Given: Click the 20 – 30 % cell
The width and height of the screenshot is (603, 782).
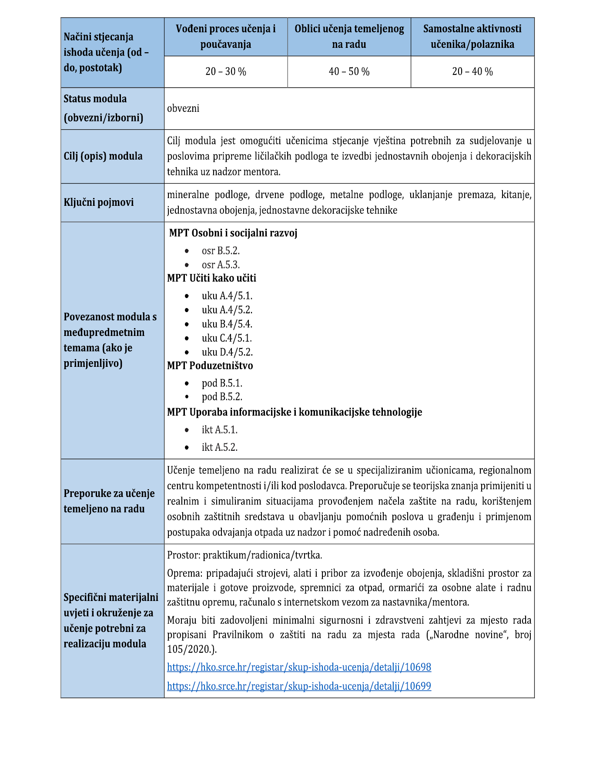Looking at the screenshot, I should coord(226,72).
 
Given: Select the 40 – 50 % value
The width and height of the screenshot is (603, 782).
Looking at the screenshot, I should coord(349,72).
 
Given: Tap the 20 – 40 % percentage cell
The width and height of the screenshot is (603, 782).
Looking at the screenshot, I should coord(472,72).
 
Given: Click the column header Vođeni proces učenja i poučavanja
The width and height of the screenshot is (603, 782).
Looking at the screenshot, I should coord(226,37).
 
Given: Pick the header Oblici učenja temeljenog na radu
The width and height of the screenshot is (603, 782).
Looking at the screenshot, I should coord(349,37).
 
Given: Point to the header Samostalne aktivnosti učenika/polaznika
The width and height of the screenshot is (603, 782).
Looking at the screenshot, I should coord(472,37).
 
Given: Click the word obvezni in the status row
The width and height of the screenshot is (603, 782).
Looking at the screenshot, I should coord(183,108).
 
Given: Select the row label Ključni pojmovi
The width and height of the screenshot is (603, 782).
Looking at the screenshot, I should coord(99,202).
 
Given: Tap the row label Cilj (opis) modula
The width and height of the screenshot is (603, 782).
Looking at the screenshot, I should coord(103,156).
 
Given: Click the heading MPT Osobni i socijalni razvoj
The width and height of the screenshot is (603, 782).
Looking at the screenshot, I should coord(233,233).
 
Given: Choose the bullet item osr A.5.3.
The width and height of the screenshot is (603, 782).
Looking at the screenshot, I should coord(221,265).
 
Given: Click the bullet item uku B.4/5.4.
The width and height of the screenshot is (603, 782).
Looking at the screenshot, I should coord(227,324).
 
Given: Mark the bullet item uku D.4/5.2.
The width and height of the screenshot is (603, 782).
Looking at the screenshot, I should coord(227,352).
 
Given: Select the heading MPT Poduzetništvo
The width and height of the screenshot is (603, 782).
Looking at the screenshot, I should coord(210,366).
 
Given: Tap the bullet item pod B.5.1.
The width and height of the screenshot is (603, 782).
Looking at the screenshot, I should coord(222,383).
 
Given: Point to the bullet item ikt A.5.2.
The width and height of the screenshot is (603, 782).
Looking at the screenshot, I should coord(220,447).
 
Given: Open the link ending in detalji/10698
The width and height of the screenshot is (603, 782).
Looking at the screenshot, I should coord(299,667).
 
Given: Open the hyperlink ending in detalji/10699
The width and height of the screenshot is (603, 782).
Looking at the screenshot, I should coord(299,686).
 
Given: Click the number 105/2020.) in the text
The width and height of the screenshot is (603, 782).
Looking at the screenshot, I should coord(192,649).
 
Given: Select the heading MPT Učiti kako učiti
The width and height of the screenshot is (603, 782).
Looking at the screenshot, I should coord(212,278).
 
